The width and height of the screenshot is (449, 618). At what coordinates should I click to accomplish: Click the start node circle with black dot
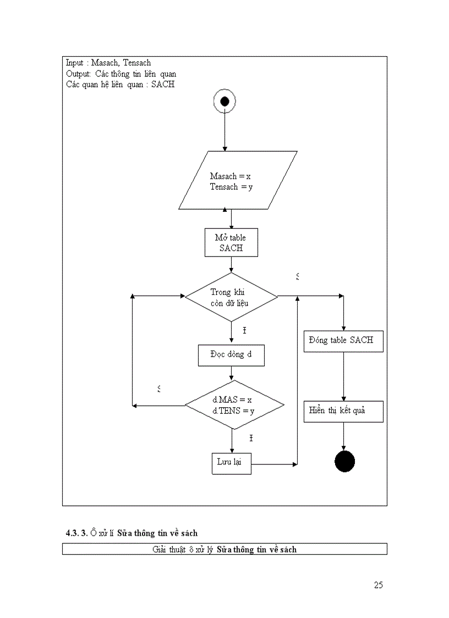(225, 101)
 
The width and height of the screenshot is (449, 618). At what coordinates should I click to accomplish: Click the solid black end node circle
(344, 462)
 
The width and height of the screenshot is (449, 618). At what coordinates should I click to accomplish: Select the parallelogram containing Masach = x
(238, 181)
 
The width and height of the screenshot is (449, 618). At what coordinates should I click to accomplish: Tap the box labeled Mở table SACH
(231, 243)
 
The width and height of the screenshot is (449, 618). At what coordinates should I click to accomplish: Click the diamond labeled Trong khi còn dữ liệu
(231, 297)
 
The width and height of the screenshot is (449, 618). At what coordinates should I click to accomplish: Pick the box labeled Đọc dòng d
(231, 355)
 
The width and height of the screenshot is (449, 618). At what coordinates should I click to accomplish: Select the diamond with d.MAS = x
(234, 406)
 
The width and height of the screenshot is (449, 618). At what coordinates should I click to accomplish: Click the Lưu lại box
(231, 463)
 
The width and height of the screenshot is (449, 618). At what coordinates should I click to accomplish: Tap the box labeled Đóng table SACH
(343, 341)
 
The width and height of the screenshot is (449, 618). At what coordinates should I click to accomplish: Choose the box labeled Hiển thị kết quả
(343, 411)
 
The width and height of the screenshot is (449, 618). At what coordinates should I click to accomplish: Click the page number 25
(378, 585)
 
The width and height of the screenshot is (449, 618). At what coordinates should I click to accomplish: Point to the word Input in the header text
(74, 63)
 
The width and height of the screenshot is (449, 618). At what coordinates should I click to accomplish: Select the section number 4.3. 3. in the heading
(76, 533)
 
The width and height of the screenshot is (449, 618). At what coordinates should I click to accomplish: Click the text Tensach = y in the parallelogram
(231, 187)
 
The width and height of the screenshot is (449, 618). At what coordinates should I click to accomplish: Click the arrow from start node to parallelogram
(225, 132)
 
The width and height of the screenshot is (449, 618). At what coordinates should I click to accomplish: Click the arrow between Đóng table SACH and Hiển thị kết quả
(344, 376)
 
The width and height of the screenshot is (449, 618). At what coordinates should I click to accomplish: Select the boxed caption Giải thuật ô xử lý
(225, 549)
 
